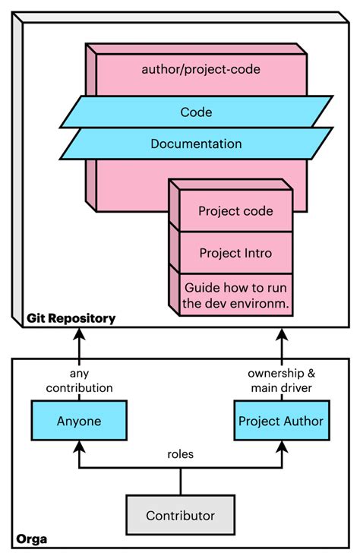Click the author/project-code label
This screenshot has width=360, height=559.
coord(201,69)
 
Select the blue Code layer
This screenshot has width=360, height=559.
coord(196,112)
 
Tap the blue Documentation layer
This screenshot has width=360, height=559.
coord(196,144)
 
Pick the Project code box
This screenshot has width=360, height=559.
coord(235,211)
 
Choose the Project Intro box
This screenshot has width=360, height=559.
coord(235,252)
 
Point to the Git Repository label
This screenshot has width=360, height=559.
coord(71,318)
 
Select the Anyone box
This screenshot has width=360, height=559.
coord(78,421)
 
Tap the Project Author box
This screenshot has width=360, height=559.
coord(281,421)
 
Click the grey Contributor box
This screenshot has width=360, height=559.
coord(180,516)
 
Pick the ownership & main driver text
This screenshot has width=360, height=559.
coord(281,381)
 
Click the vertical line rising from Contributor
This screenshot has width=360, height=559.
coord(180,482)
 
